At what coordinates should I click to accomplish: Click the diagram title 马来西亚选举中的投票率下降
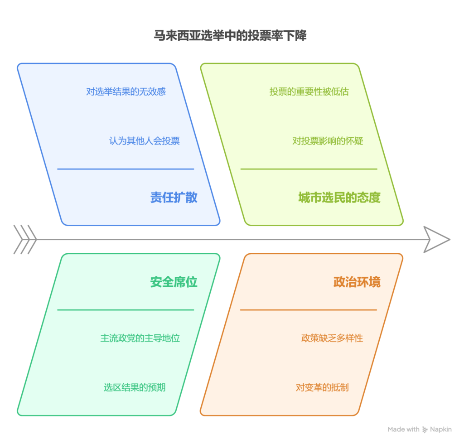click(230, 35)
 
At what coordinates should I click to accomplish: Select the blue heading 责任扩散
click(174, 197)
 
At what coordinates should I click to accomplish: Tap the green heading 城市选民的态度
click(339, 197)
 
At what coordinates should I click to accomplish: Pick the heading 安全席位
click(174, 282)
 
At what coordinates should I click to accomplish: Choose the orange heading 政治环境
click(357, 282)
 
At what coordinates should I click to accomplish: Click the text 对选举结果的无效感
click(126, 92)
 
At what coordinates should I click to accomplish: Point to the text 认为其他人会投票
click(145, 141)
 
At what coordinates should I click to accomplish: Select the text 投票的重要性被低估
click(309, 92)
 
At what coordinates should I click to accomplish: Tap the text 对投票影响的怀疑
click(328, 141)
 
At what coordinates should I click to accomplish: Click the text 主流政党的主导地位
click(140, 338)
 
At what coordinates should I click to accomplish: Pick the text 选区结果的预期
click(135, 387)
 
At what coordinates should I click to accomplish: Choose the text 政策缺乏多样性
click(332, 338)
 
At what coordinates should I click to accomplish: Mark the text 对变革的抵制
click(322, 387)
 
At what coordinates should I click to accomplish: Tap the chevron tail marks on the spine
click(25, 239)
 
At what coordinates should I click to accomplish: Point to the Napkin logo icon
click(425, 430)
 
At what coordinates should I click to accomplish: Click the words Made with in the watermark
click(404, 429)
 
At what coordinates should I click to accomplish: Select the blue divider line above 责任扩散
click(126, 169)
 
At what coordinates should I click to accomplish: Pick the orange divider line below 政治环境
click(308, 310)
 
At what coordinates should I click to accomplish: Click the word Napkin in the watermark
click(441, 430)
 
